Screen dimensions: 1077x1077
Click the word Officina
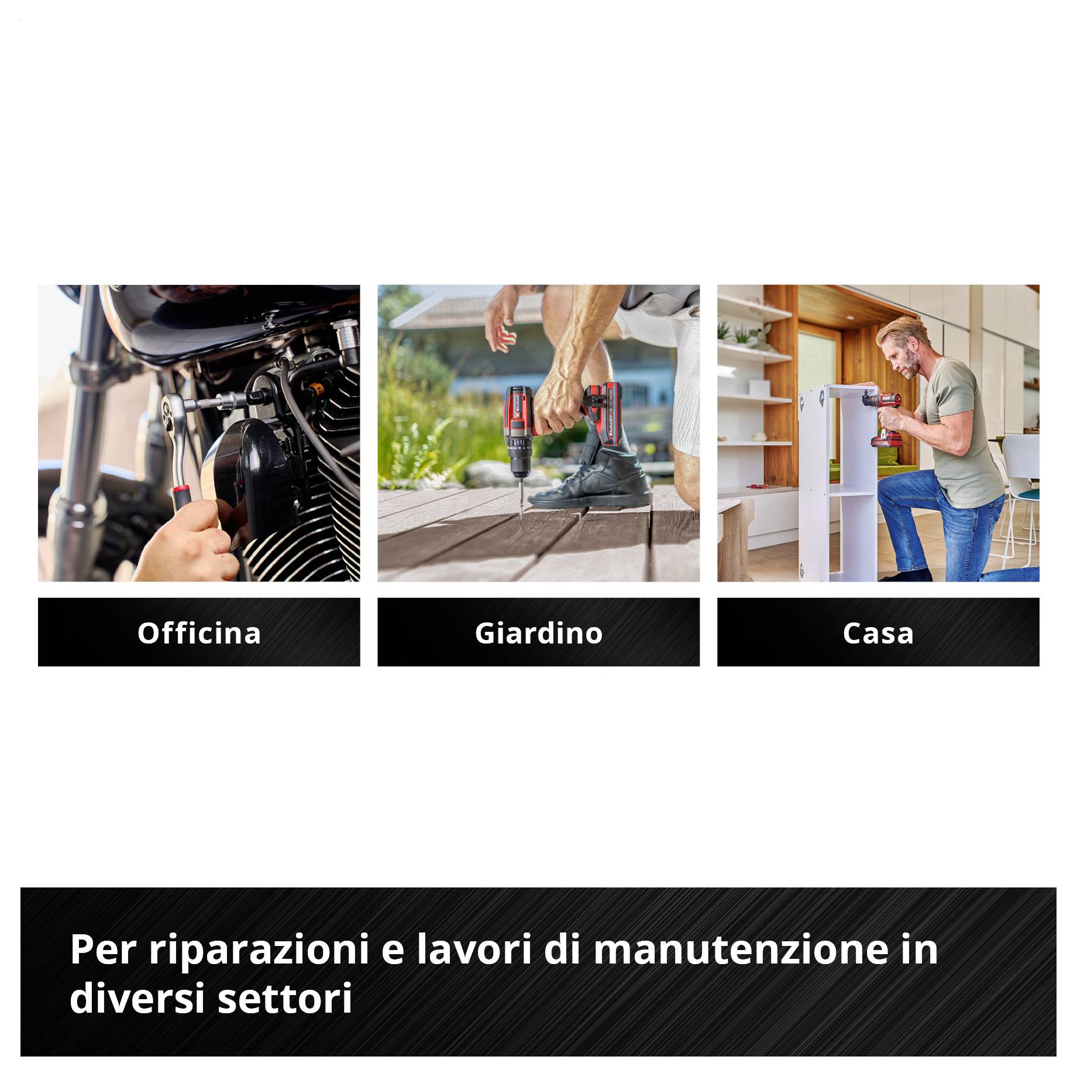coord(199,633)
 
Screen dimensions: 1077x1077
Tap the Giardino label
coord(538,633)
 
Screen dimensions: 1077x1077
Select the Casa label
coord(878,633)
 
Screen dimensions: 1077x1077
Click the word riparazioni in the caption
coord(259,950)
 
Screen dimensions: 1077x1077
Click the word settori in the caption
coord(285,998)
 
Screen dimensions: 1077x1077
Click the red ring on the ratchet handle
coord(180,490)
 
